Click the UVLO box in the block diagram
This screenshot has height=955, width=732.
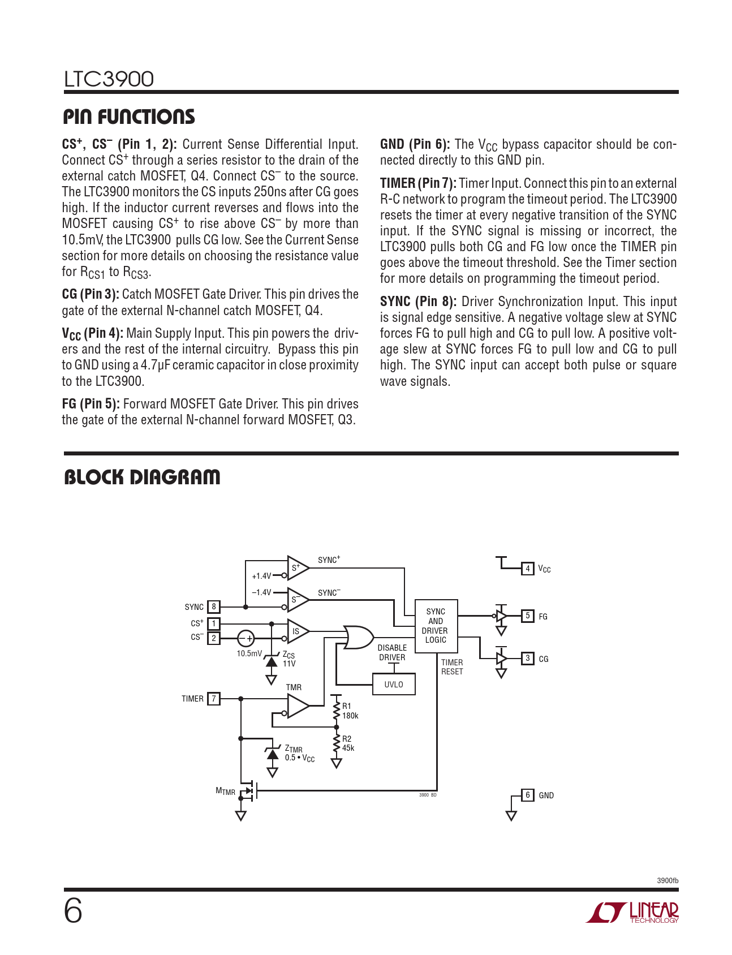pyautogui.click(x=394, y=684)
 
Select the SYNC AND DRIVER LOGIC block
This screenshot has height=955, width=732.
pyautogui.click(x=436, y=626)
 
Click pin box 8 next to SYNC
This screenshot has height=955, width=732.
pyautogui.click(x=214, y=607)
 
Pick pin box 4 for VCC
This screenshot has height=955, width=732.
pyautogui.click(x=527, y=569)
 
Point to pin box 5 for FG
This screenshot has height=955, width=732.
pyautogui.click(x=527, y=616)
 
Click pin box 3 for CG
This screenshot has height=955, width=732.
pyautogui.click(x=527, y=658)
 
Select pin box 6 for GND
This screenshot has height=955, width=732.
pyautogui.click(x=527, y=795)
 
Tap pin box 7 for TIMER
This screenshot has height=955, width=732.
pyautogui.click(x=214, y=699)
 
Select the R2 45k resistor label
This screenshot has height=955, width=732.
pyautogui.click(x=348, y=743)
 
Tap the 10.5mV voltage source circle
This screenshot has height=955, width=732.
pyautogui.click(x=246, y=638)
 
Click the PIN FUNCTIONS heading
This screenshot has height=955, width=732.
pyautogui.click(x=129, y=117)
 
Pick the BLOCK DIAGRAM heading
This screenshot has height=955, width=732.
pyautogui.click(x=142, y=477)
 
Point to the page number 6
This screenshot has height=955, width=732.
pyautogui.click(x=73, y=911)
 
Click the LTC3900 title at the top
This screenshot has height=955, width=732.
pyautogui.click(x=109, y=79)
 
